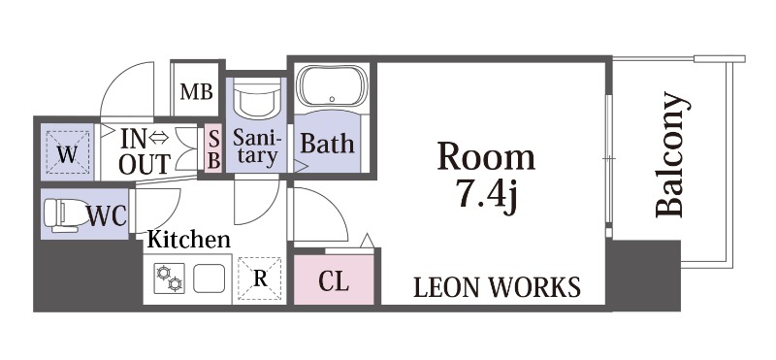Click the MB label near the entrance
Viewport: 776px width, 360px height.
(197, 91)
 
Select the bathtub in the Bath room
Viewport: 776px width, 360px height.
(332, 86)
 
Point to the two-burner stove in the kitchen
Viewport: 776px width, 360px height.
(169, 278)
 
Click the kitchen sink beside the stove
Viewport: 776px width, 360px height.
(209, 278)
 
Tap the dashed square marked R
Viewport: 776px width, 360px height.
(260, 278)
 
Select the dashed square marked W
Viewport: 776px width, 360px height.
(67, 152)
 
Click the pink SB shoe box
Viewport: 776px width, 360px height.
(213, 150)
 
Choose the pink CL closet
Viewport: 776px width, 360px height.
(334, 279)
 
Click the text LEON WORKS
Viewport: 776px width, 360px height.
(497, 287)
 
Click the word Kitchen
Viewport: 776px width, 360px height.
(189, 240)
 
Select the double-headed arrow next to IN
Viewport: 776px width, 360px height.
(159, 139)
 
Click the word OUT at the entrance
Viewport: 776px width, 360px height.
(145, 164)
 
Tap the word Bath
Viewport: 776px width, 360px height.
(327, 144)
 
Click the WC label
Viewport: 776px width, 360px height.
(107, 215)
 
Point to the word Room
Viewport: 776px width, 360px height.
(487, 157)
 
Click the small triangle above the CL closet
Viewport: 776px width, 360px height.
(367, 241)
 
